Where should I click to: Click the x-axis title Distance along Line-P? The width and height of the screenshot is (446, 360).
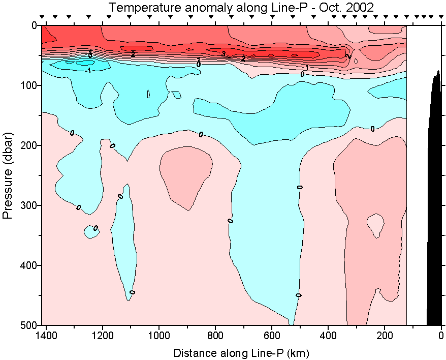[241, 352]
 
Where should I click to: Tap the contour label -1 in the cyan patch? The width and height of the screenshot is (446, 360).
[88, 71]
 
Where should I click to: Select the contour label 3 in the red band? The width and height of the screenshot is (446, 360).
[223, 53]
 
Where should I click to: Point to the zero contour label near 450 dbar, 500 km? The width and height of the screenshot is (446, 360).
[299, 295]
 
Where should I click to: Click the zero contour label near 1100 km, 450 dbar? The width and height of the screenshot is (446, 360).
[133, 292]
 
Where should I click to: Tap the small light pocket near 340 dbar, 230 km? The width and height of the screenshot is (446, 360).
[375, 224]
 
